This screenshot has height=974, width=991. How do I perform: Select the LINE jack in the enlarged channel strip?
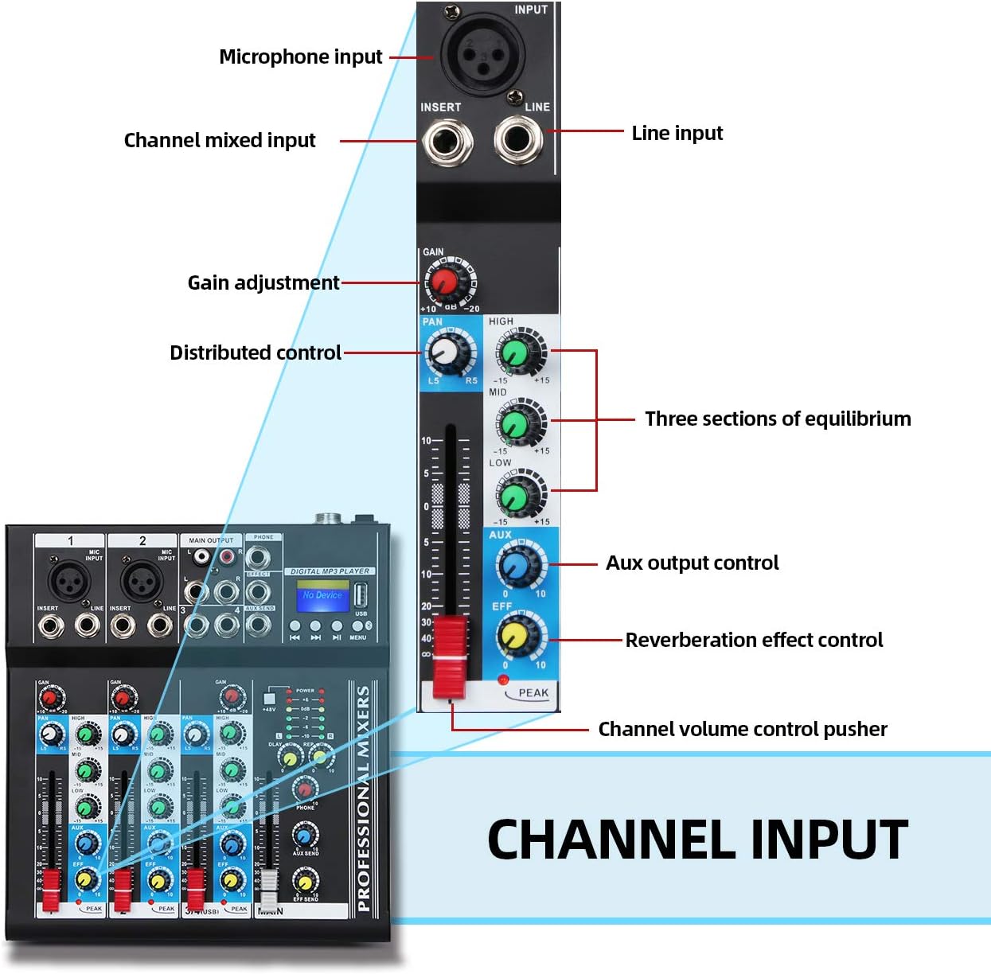(x=518, y=140)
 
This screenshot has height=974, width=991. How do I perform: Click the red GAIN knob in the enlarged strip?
(x=443, y=282)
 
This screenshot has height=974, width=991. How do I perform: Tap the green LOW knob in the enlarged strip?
(x=515, y=496)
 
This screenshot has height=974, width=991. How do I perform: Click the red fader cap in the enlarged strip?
(x=450, y=656)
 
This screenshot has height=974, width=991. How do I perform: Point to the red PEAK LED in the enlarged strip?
(x=502, y=680)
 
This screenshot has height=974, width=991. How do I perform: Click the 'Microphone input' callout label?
(x=300, y=57)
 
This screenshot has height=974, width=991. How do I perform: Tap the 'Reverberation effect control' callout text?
(x=754, y=640)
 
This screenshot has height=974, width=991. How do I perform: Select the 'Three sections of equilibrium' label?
(x=778, y=419)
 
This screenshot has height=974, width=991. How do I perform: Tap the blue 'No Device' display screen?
(x=322, y=595)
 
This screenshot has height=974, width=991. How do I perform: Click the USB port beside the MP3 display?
(x=361, y=594)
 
